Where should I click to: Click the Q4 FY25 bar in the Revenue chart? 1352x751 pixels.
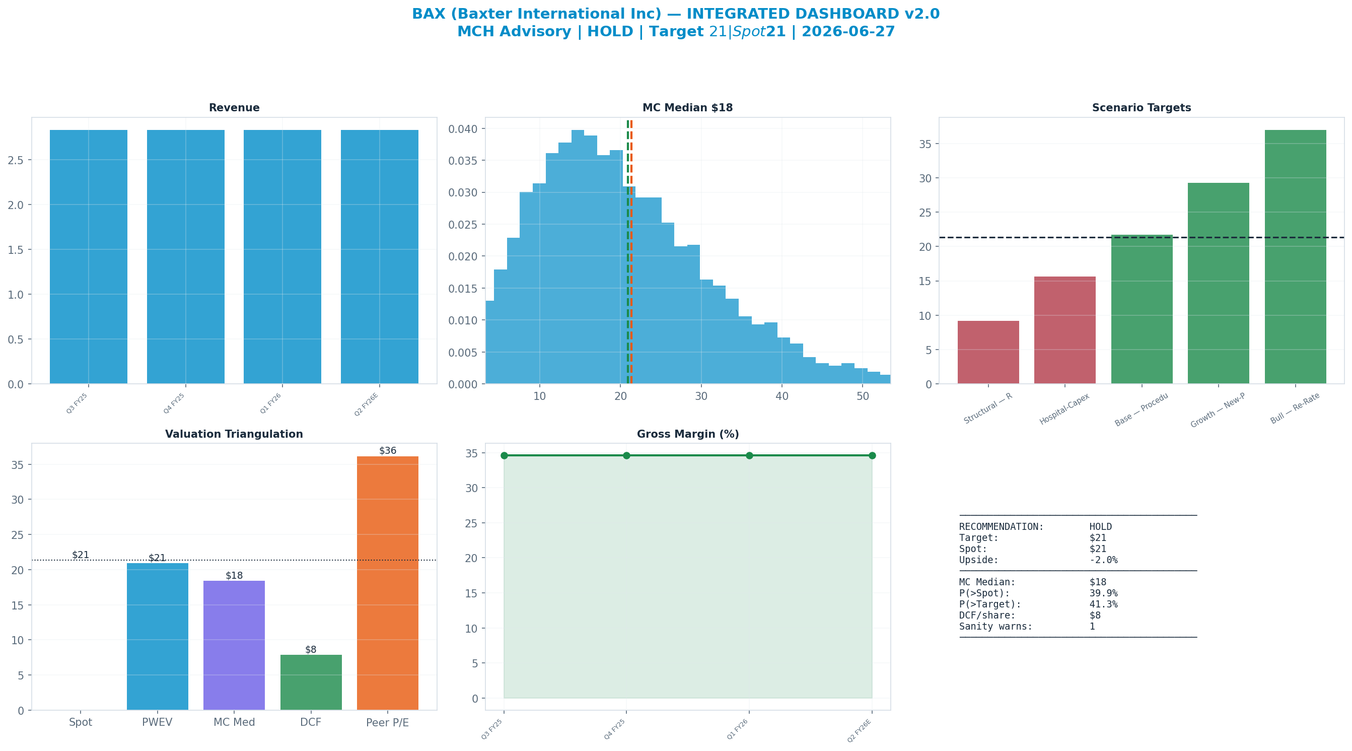(186, 257)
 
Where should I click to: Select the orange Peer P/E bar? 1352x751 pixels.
(388, 583)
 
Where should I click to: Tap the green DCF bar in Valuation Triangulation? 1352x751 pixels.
(311, 682)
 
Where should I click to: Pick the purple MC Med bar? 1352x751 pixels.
(234, 645)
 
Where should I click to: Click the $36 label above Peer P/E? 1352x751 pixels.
(388, 451)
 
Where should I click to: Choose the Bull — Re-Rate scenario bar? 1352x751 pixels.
(1295, 257)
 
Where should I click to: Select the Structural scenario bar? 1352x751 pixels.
(988, 353)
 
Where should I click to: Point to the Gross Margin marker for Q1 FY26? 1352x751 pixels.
(749, 455)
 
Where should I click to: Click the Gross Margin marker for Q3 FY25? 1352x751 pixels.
(505, 455)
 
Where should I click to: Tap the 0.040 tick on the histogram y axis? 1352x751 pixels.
(463, 129)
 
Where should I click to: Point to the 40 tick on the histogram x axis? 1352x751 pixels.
(782, 396)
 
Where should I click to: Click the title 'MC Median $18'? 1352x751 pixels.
(687, 108)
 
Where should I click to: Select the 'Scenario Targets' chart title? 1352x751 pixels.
(1142, 108)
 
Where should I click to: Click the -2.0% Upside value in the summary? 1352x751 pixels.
(1104, 560)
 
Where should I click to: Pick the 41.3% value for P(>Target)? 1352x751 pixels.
(1104, 604)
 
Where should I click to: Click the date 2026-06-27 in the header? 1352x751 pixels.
(848, 32)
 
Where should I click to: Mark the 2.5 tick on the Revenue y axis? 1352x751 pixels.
(16, 160)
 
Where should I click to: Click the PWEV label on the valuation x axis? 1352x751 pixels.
(157, 722)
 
